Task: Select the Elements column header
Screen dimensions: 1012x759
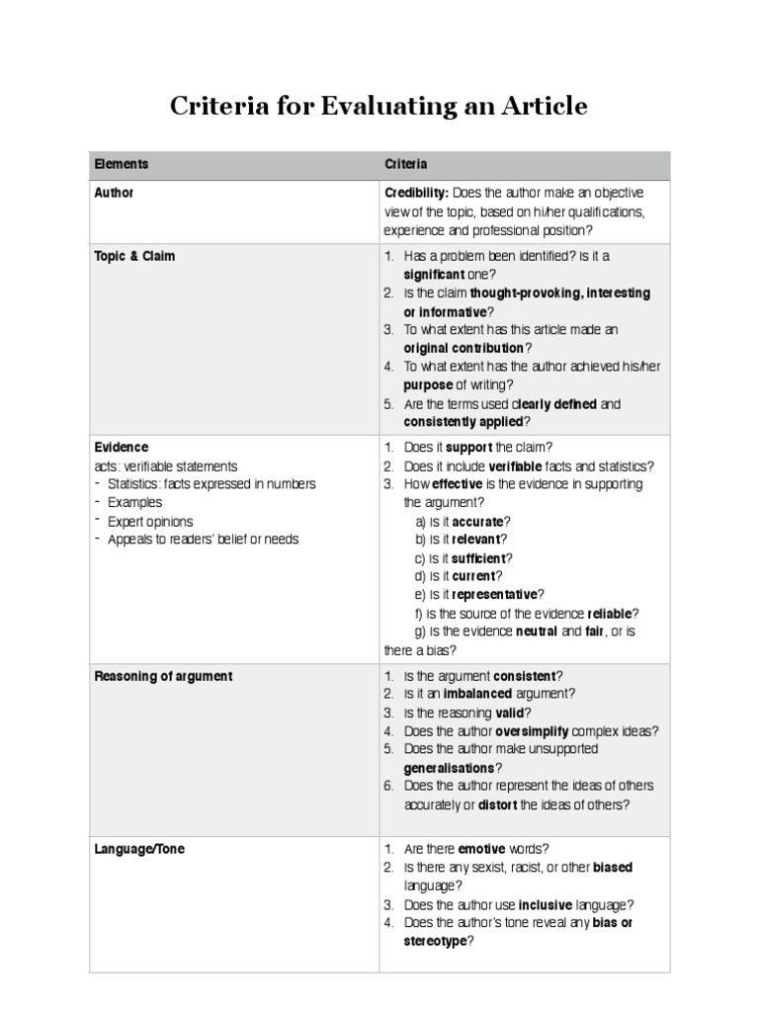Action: [x=122, y=164]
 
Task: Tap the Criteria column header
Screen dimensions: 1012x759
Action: [x=405, y=164]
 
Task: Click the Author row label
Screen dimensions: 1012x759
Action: [x=114, y=193]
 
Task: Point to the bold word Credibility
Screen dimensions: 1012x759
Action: [x=416, y=193]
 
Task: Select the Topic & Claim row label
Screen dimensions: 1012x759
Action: [x=134, y=256]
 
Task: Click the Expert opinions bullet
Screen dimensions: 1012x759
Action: [x=150, y=521]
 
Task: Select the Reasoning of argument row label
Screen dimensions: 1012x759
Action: [x=163, y=676]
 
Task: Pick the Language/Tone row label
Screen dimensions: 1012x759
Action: [x=139, y=849]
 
